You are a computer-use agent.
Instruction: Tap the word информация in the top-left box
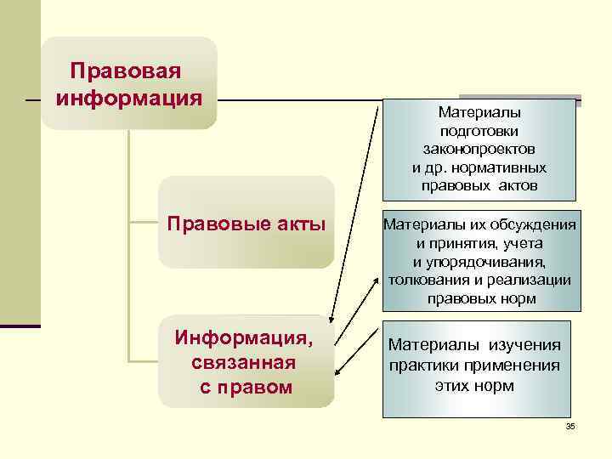[x=129, y=96]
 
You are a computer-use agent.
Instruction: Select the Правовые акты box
[x=246, y=223]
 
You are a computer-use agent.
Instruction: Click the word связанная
[x=245, y=363]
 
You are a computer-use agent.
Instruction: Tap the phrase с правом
[x=246, y=387]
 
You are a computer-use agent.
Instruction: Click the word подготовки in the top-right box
[x=480, y=130]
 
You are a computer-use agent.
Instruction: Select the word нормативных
[x=505, y=167]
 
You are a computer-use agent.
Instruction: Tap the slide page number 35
[x=570, y=425]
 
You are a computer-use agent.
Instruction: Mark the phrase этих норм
[x=475, y=385]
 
